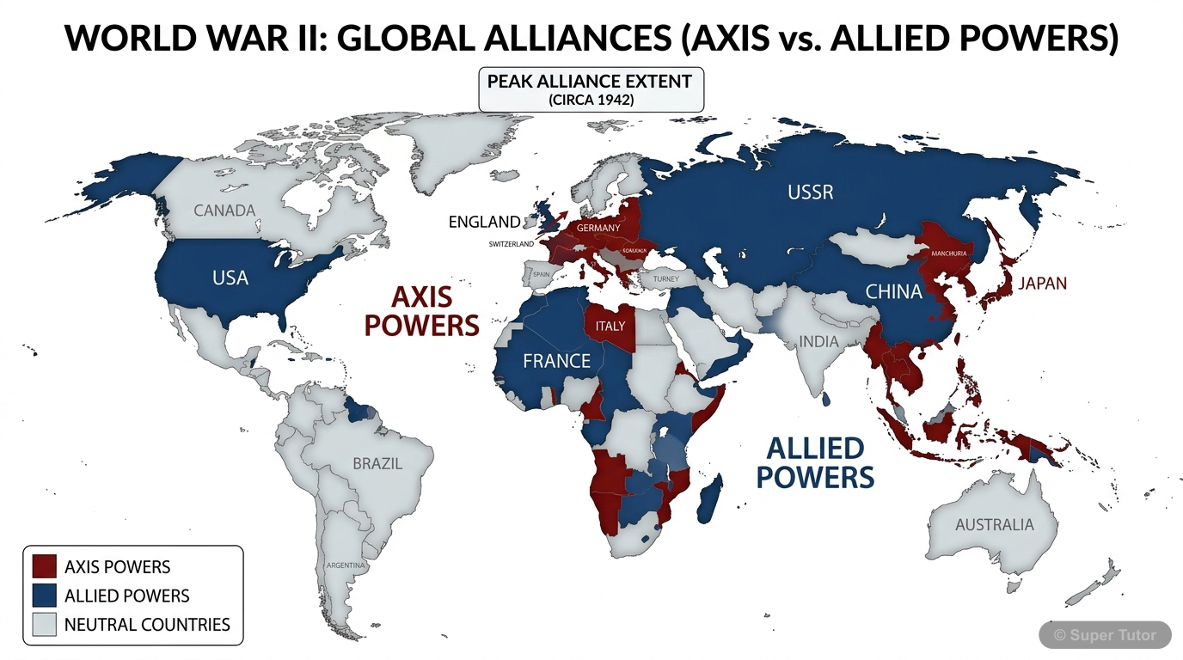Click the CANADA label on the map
coord(224,211)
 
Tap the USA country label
coord(230,278)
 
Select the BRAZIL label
coord(377,464)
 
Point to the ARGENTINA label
coord(346,565)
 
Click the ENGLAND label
coord(484,222)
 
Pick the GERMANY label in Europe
coord(598,228)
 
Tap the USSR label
coord(810,192)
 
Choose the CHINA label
coord(893,292)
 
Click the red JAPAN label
coord(1042,284)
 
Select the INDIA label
coord(818,342)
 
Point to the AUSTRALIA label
coord(994,524)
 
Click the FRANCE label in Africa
coord(556,361)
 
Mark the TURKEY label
coord(665,279)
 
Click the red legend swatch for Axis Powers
coord(44,566)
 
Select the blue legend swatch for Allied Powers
coord(44,596)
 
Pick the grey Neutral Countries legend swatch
coord(44,625)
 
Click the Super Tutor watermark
coord(1105,635)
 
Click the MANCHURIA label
coord(948,254)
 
